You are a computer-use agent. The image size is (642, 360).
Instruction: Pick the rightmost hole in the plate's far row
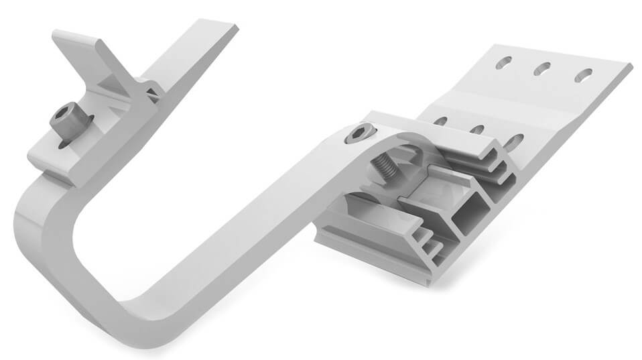click(x=584, y=74)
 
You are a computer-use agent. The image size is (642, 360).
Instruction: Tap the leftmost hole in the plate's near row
click(x=440, y=121)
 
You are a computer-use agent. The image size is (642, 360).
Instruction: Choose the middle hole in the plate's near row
click(x=477, y=129)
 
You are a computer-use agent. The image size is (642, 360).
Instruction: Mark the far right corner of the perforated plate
click(x=629, y=66)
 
